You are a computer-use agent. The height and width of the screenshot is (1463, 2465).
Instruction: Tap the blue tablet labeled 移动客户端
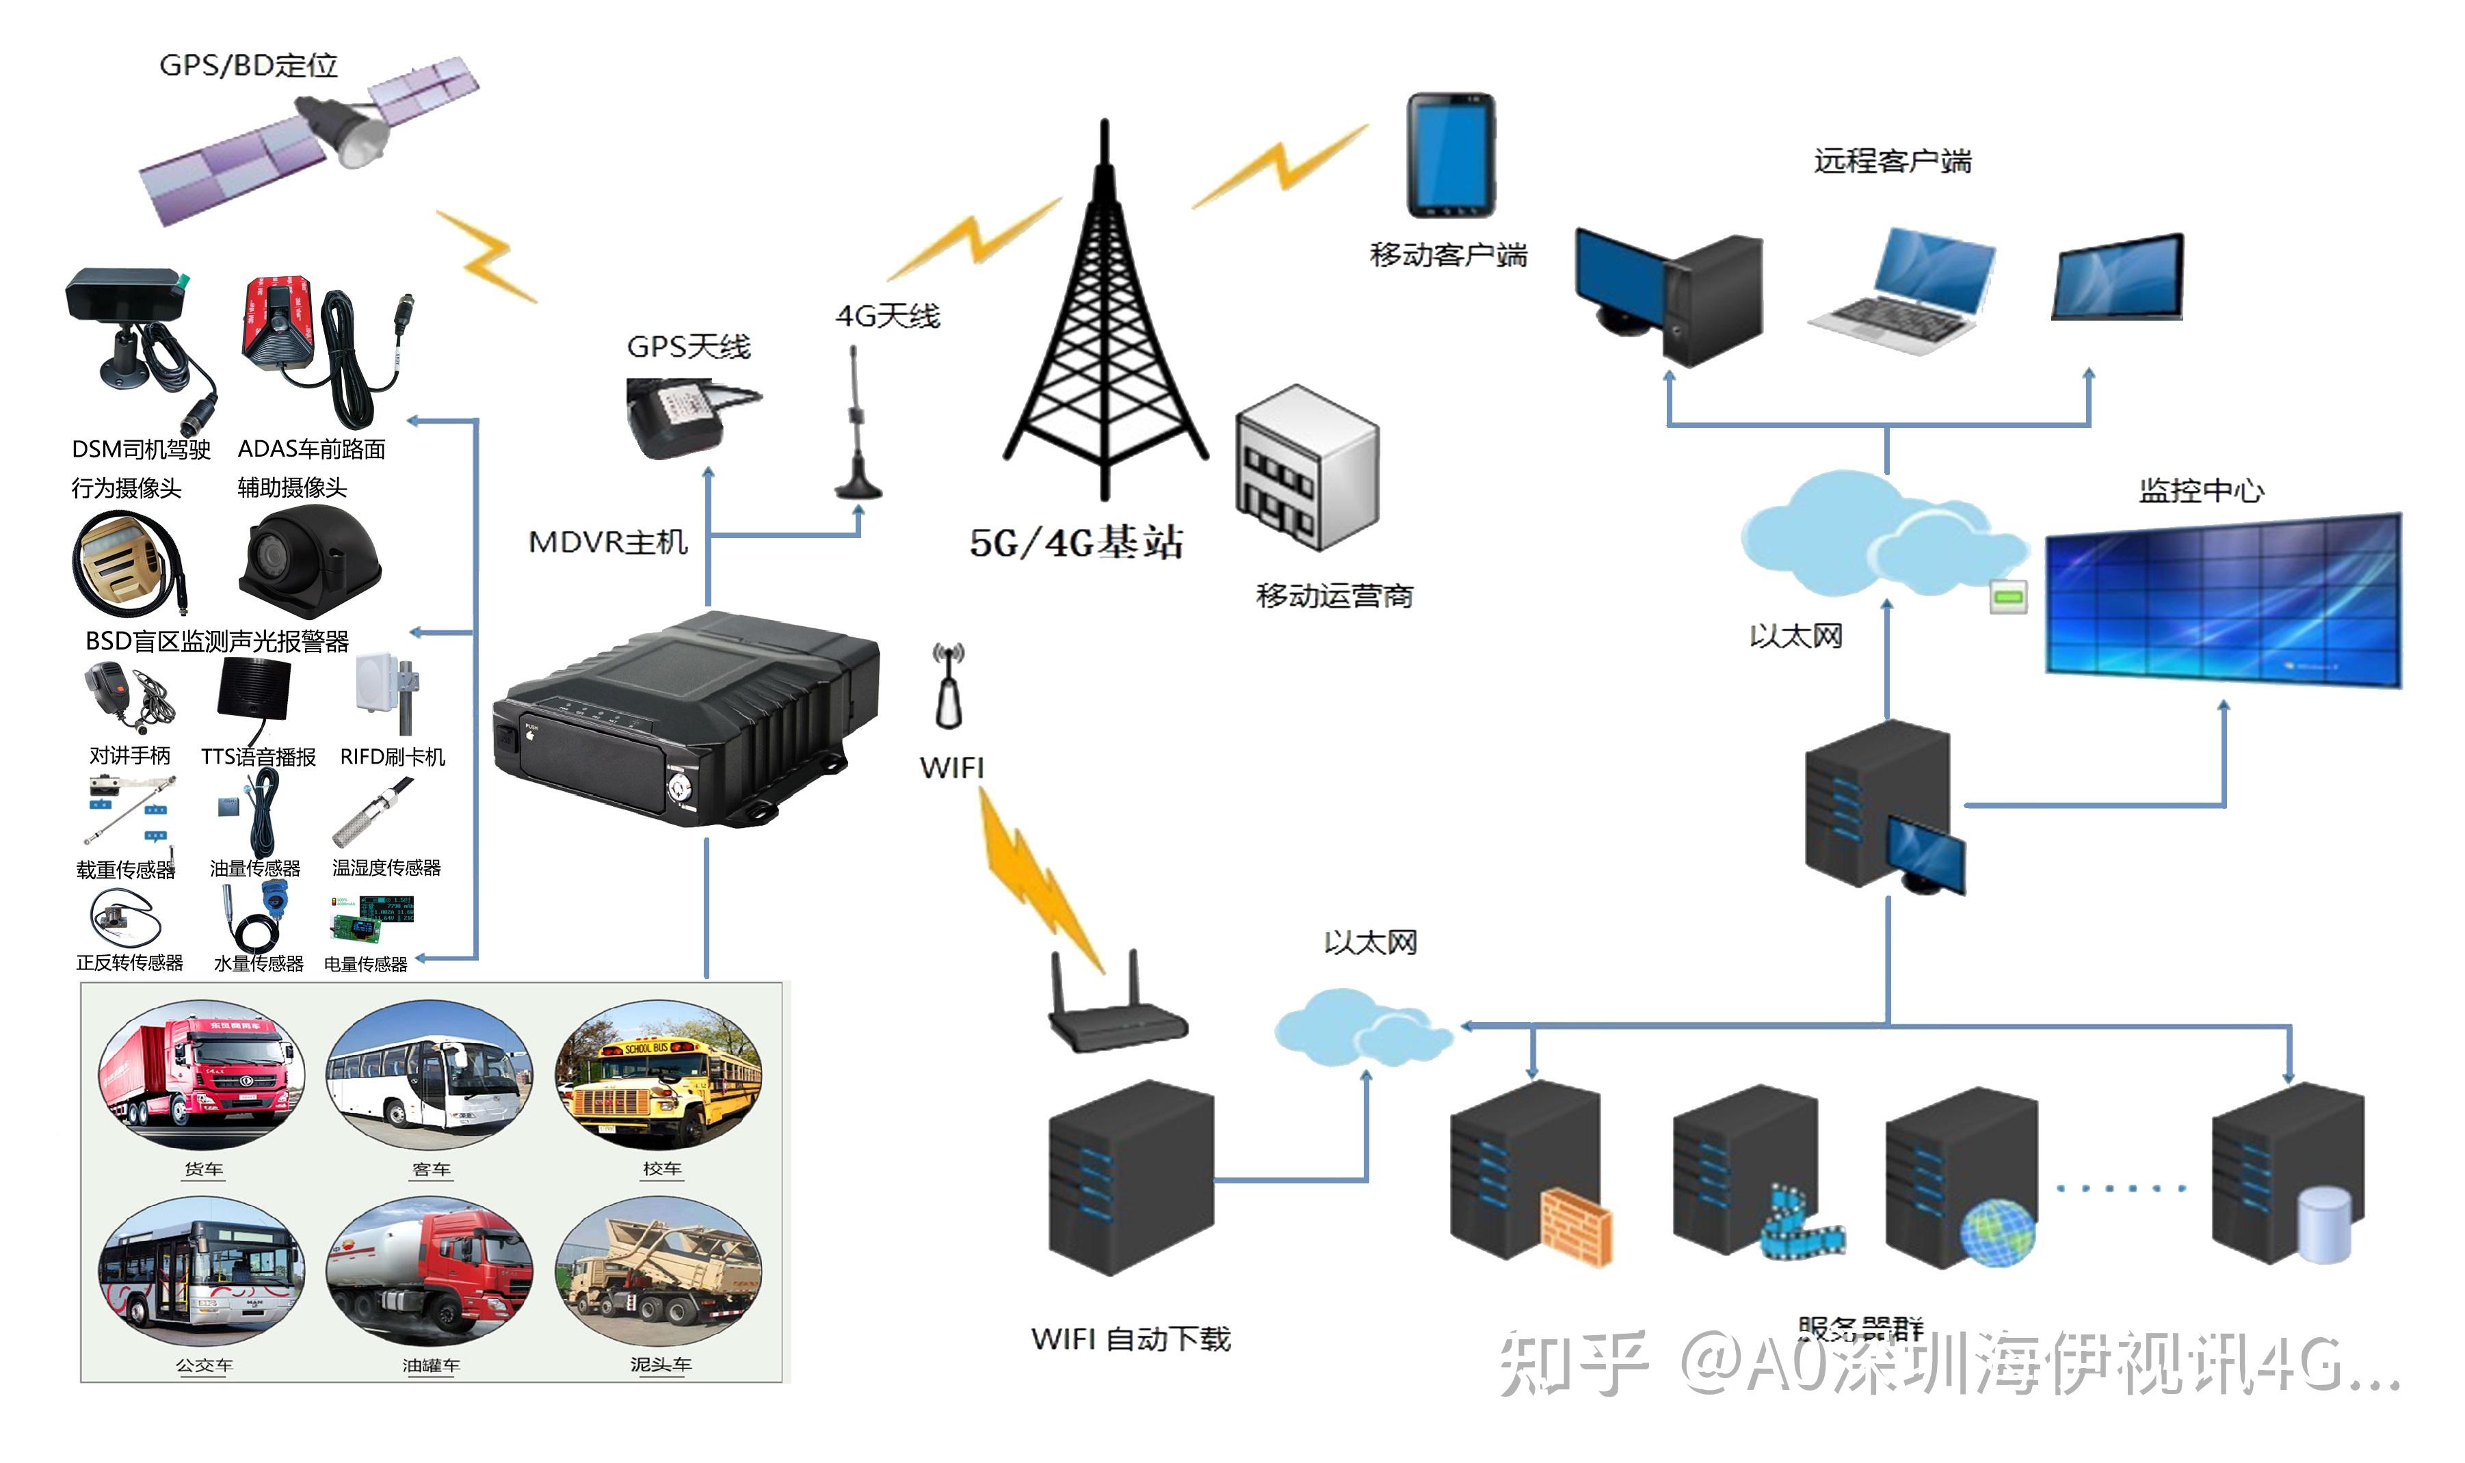1449,156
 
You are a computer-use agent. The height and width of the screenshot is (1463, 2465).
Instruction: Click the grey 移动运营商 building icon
1306,468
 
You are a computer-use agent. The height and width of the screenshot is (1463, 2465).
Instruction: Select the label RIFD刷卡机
393,757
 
